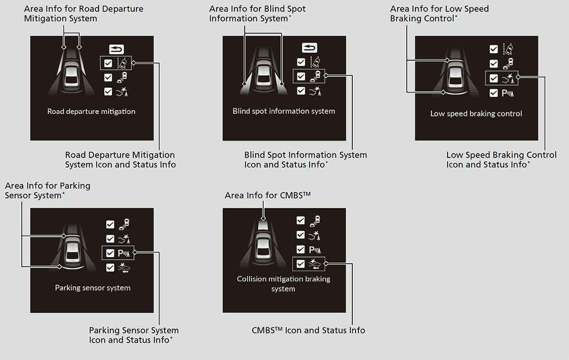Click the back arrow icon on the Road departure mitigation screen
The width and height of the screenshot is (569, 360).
pyautogui.click(x=116, y=48)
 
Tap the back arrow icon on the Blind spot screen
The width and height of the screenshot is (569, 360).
pyautogui.click(x=309, y=48)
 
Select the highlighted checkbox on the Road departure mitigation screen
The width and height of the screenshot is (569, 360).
pyautogui.click(x=108, y=63)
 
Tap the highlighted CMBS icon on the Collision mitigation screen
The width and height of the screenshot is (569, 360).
pyautogui.click(x=315, y=264)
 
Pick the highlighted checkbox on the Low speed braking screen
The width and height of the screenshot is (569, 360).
pyautogui.click(x=494, y=78)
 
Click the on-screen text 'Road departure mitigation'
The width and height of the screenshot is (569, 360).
pyautogui.click(x=92, y=112)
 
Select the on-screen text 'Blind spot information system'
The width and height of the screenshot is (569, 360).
pyautogui.click(x=284, y=111)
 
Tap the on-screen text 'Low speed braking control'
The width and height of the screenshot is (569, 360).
pyautogui.click(x=476, y=114)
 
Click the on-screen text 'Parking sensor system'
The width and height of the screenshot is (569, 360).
pyautogui.click(x=92, y=288)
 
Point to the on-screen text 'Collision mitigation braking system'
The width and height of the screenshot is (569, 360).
pyautogui.click(x=284, y=284)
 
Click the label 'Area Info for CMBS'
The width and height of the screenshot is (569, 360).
pyautogui.click(x=267, y=195)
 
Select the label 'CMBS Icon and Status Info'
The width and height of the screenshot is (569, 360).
pyautogui.click(x=308, y=330)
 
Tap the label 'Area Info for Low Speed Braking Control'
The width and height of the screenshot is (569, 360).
pyautogui.click(x=439, y=14)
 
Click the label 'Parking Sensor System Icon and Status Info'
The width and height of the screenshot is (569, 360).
pyautogui.click(x=134, y=335)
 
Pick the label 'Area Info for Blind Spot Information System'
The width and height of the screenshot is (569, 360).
pyautogui.click(x=257, y=14)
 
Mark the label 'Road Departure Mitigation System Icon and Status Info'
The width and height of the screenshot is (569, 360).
pyautogui.click(x=120, y=160)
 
